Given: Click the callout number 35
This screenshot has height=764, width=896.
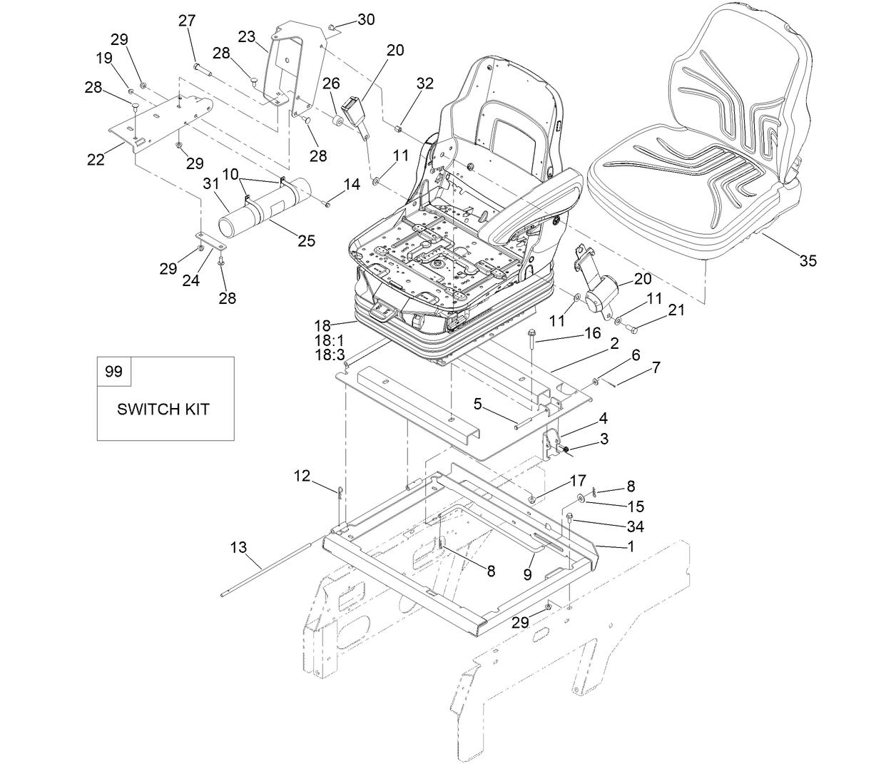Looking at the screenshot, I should [807, 261].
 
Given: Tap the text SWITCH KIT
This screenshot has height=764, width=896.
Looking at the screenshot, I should [163, 409].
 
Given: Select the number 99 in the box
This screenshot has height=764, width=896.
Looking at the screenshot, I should [113, 372].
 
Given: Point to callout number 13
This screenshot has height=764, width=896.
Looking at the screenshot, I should [238, 547].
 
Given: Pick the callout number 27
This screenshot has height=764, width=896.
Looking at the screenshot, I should [187, 21].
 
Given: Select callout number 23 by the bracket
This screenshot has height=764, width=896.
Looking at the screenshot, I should [247, 37].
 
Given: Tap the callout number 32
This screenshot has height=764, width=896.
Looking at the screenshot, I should [424, 83].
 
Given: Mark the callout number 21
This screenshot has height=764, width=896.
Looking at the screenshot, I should [676, 310].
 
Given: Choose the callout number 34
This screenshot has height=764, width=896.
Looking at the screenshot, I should [634, 526].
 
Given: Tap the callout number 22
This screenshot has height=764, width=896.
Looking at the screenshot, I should [96, 160].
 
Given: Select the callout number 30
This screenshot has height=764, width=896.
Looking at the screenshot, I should [365, 20].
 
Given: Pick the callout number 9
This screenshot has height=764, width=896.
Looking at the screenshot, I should [527, 574].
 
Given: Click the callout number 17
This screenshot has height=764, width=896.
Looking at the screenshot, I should [577, 481].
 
